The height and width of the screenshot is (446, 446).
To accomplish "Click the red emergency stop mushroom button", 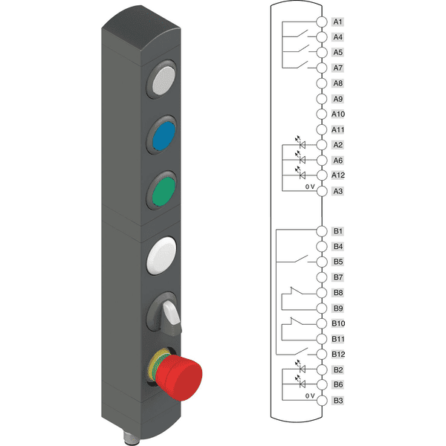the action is coord(179,377).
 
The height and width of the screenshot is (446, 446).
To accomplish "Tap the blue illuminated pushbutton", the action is coord(164,135).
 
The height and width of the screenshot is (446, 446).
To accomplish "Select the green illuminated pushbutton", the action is coord(164,191).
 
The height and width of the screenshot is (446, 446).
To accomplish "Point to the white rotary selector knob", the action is coord(172,314).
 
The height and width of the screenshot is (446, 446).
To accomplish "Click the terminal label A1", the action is coord(337,22).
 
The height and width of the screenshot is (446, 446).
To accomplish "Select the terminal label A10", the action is coord(338,114).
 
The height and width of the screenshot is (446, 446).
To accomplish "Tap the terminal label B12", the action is coord(338,355).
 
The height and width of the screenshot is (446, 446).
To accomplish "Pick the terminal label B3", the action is coord(338,401).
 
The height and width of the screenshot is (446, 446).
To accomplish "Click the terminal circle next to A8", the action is coord(322,83).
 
